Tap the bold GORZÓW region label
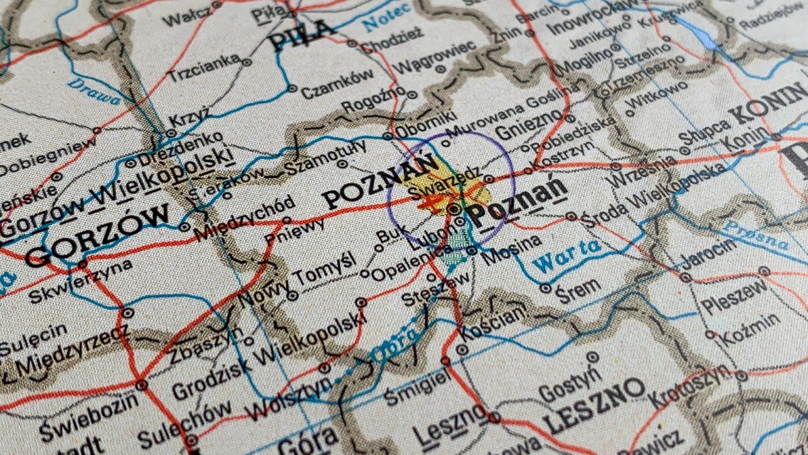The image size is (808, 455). point(98,236)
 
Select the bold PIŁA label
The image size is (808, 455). point(302,35)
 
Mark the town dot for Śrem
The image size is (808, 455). point(546,288)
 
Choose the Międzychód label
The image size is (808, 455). point(244,219)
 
